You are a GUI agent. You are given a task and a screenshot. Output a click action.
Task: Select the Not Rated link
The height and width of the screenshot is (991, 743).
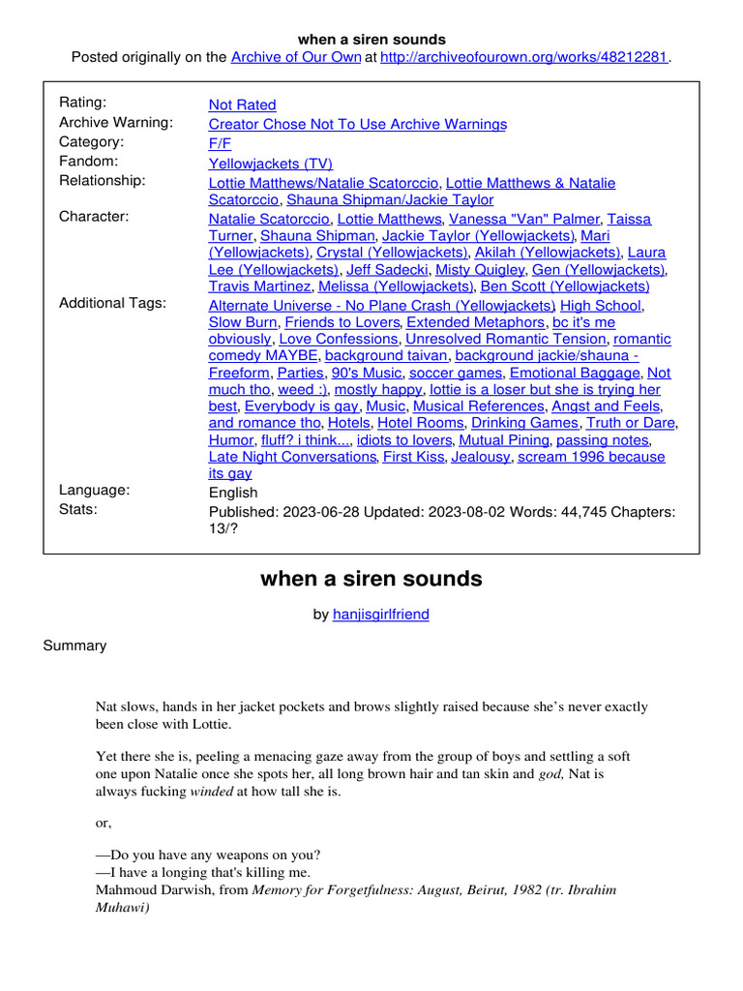242,105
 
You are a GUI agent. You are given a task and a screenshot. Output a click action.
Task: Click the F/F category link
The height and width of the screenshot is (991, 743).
220,142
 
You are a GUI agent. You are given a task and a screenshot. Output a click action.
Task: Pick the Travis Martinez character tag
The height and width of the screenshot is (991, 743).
260,286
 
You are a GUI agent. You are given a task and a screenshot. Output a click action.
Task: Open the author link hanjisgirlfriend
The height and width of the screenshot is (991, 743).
381,614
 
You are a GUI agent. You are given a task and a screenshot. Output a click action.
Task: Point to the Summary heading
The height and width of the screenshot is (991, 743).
74,646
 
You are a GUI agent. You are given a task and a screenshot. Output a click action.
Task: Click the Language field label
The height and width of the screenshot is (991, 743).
94,491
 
